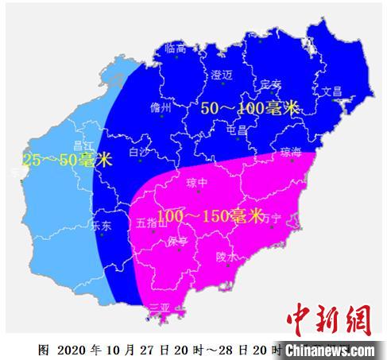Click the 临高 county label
tap(175, 48)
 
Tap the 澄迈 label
tap(222, 75)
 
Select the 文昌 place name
tap(331, 91)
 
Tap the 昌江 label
tap(83, 145)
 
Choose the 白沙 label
tap(138, 151)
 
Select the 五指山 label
tap(152, 223)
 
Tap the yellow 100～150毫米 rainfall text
tap(210, 215)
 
